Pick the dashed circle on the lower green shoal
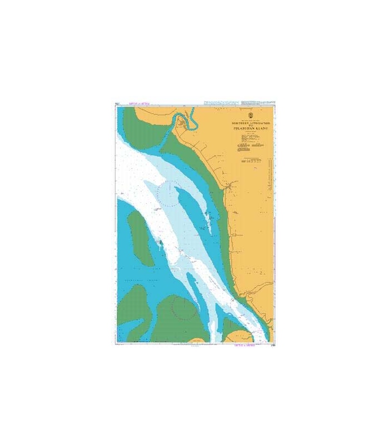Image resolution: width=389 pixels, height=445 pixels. click(183, 306)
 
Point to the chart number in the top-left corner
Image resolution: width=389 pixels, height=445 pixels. click(117, 103)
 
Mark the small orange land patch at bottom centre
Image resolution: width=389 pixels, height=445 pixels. click(241, 336)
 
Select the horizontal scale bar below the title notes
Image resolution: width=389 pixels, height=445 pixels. click(253, 160)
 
